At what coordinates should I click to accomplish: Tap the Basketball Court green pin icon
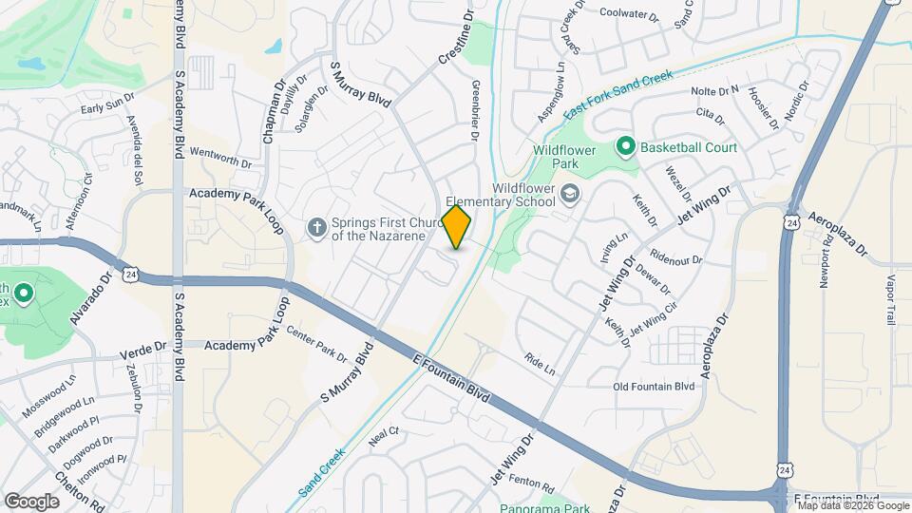tap(625, 147)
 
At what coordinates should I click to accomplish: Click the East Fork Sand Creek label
tap(617, 93)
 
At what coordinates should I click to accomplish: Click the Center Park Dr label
tap(317, 346)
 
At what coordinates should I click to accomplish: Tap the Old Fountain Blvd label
tap(655, 386)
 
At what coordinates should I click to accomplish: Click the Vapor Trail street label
tap(890, 300)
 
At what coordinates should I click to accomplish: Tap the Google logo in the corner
tap(31, 501)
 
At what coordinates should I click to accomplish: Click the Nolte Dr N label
tap(715, 90)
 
